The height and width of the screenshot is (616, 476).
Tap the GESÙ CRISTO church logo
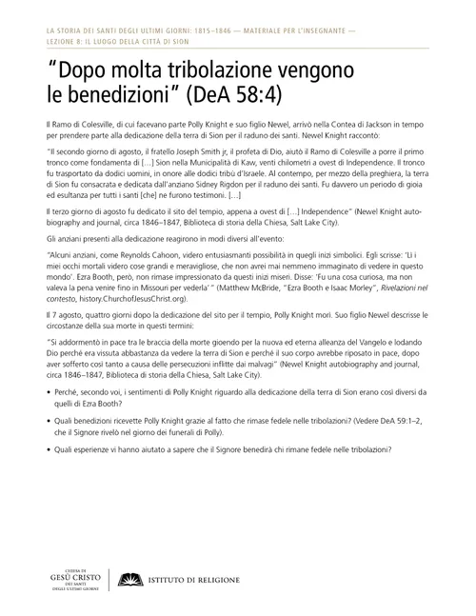click(81, 578)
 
